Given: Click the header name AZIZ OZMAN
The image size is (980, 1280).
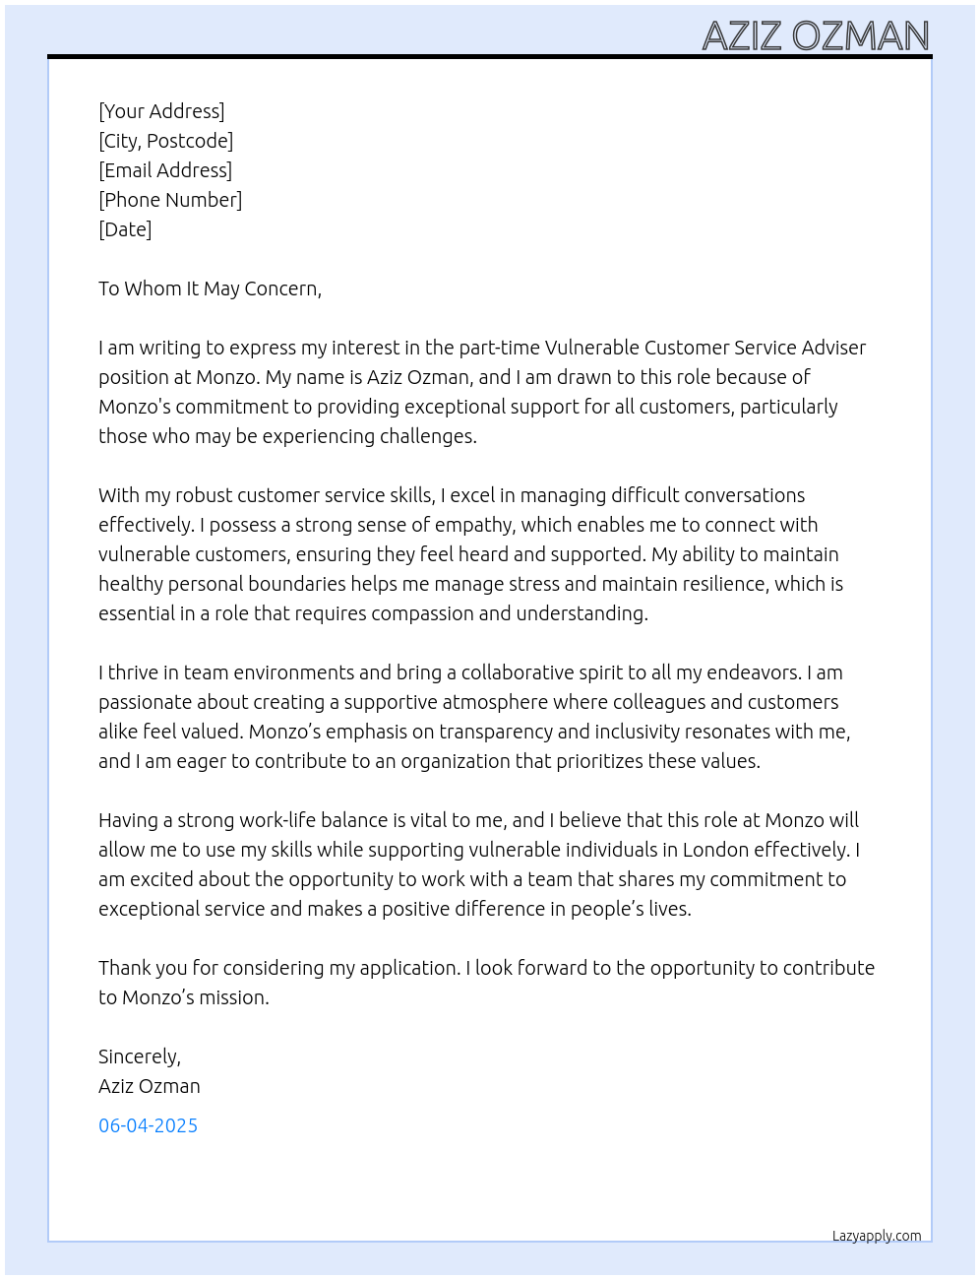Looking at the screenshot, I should [816, 36].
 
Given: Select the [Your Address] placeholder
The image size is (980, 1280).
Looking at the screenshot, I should [161, 111].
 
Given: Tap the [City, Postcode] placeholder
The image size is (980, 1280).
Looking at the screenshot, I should [165, 141].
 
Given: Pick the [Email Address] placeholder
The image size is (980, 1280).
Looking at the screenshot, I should [165, 170].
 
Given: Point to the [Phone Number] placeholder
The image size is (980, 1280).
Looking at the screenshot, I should [170, 200].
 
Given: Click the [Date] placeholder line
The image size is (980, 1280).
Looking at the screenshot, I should [125, 229].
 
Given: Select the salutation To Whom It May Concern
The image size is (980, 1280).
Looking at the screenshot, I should [210, 288].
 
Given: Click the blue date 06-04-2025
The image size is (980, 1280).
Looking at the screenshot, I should [148, 1125].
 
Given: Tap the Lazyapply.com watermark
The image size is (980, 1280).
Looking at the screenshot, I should [877, 1236].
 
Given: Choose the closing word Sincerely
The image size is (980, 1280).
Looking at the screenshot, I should [139, 1056].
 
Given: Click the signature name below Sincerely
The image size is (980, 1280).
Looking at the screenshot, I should [149, 1086].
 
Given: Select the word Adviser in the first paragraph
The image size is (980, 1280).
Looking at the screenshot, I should [833, 348].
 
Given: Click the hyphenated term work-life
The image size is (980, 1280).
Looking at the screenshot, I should [267, 820].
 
